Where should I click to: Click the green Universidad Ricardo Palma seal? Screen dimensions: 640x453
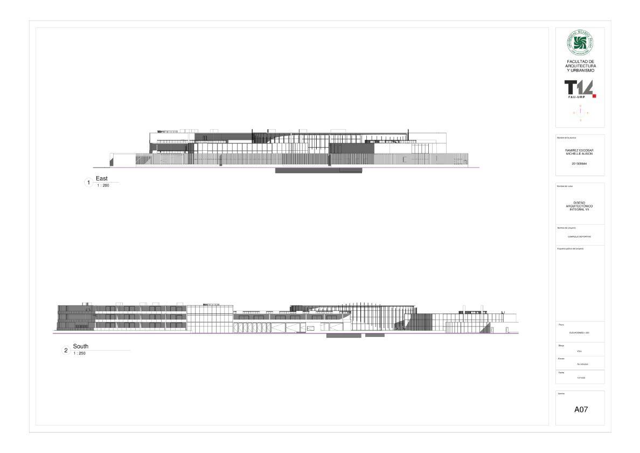(580, 43)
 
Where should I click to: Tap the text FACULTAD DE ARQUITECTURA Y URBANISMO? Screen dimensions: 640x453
(580, 66)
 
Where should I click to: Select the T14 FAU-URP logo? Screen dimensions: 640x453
(578, 89)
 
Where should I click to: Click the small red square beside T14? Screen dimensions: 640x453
(594, 96)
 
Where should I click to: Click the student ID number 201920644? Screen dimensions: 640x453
(580, 163)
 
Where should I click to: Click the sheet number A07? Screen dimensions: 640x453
(580, 409)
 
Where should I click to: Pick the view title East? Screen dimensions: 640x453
(102, 178)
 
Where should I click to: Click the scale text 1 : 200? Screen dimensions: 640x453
(103, 185)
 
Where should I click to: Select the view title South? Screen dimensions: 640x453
(81, 346)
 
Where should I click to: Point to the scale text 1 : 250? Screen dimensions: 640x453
(80, 353)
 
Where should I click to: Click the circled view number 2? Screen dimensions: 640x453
(66, 351)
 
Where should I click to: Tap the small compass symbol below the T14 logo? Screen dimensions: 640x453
(580, 113)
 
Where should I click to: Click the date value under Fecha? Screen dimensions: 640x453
(579, 378)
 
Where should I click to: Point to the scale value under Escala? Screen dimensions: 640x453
(580, 364)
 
